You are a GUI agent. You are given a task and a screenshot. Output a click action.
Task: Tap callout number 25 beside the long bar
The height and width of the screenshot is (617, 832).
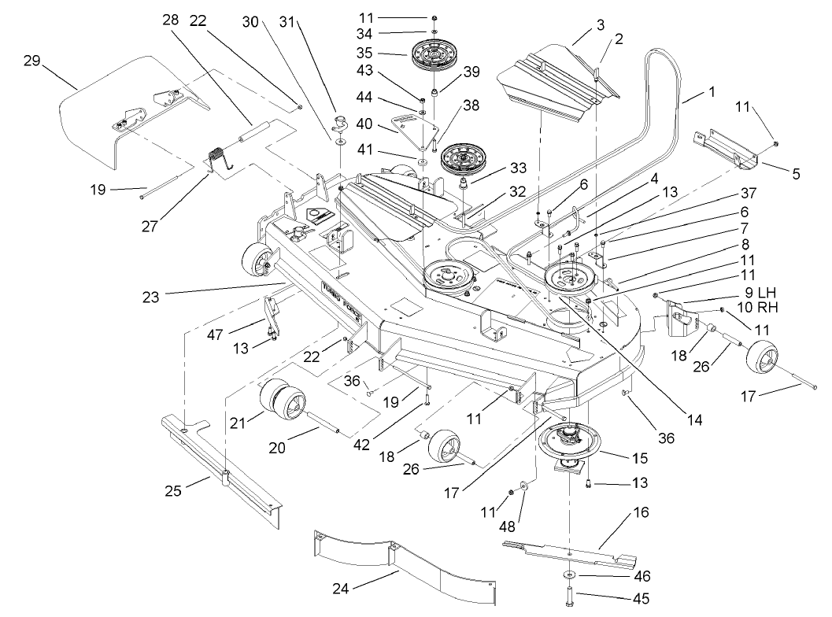coord(174,491)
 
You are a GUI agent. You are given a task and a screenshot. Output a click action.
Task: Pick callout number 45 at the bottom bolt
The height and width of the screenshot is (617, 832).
coord(641,599)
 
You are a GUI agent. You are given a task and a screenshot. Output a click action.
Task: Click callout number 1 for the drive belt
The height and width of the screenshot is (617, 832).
coord(712,92)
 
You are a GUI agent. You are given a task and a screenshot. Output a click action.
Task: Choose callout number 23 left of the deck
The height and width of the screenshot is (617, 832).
coord(151,297)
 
